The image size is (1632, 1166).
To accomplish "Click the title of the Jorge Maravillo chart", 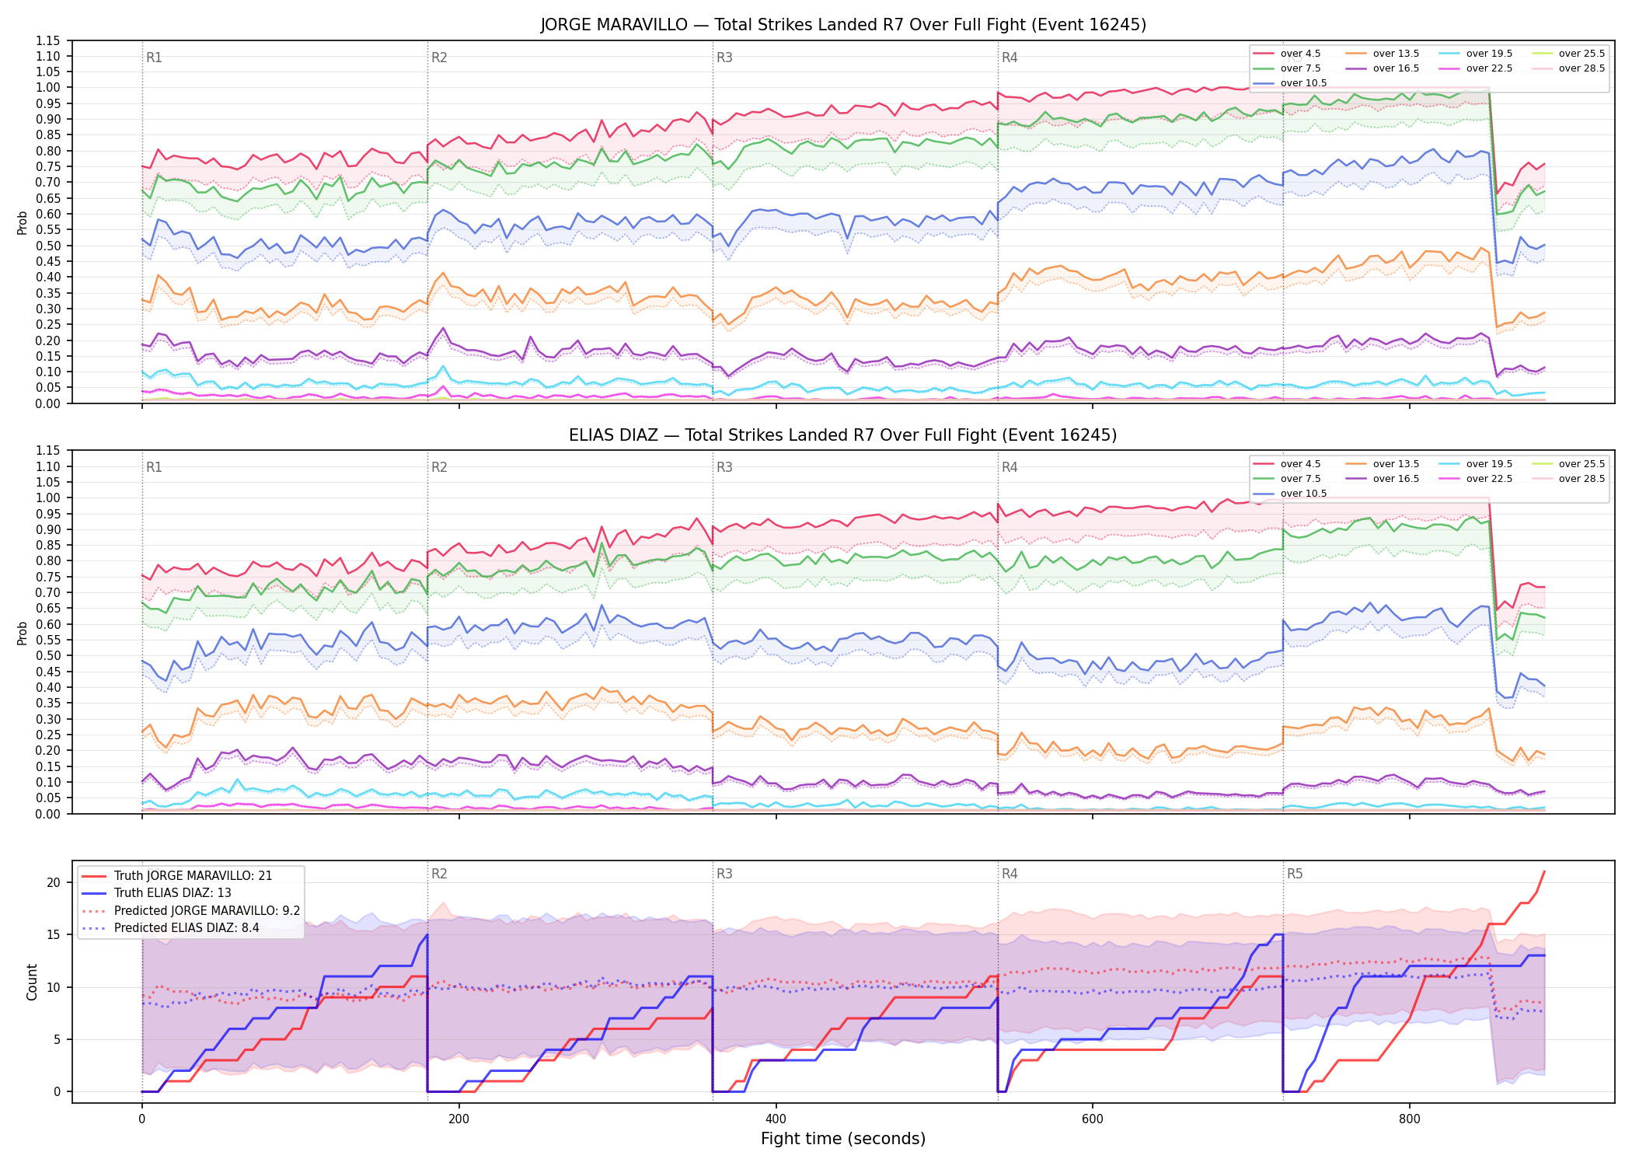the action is click(x=843, y=25).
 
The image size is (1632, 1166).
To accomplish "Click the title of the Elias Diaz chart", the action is click(x=843, y=435).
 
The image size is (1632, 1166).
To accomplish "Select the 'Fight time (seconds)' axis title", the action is click(x=843, y=1139).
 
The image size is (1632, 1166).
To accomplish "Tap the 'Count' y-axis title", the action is click(x=32, y=982).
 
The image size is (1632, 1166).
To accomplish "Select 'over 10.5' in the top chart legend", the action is click(x=1290, y=83).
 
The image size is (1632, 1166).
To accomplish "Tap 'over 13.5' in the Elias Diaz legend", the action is click(x=1383, y=464).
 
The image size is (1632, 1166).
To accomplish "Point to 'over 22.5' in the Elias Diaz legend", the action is click(x=1476, y=479).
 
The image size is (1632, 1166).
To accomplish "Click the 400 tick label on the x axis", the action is click(x=776, y=1119).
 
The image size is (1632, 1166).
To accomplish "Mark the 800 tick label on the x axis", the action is click(x=1409, y=1119).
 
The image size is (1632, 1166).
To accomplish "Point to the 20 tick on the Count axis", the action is click(x=54, y=882).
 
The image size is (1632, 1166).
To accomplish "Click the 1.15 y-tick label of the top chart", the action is click(x=47, y=40).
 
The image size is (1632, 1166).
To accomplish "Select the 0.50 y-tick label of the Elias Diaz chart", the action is click(x=47, y=655).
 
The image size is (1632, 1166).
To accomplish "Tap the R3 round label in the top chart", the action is click(x=724, y=58).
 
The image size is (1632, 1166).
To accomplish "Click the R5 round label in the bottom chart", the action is click(x=1295, y=874).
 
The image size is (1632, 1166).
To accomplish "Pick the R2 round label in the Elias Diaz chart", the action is click(x=439, y=467).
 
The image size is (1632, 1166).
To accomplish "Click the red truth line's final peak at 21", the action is click(x=1544, y=871).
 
